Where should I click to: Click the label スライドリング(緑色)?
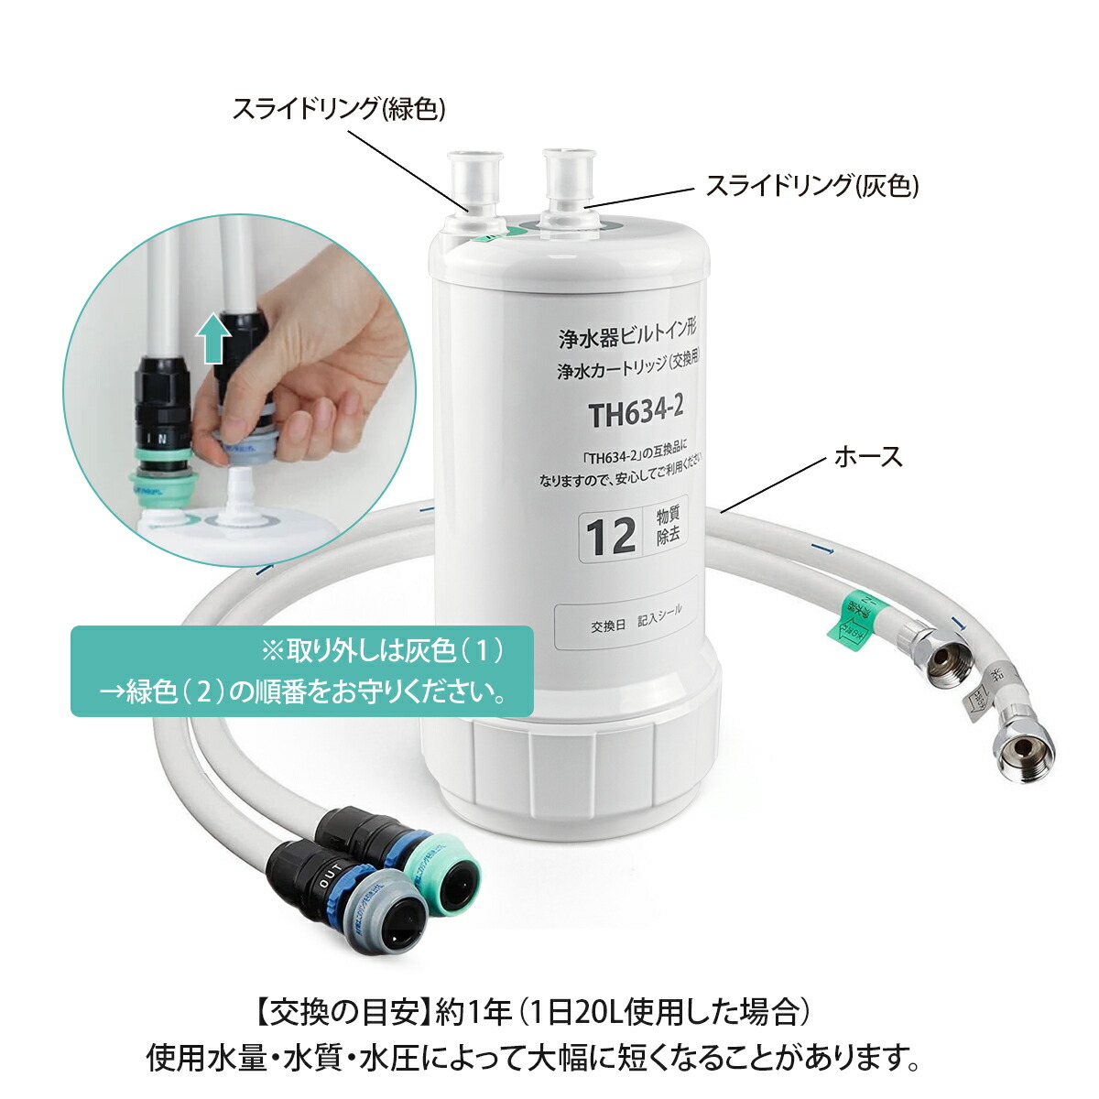pyautogui.click(x=338, y=109)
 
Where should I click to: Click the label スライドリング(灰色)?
pyautogui.click(x=811, y=186)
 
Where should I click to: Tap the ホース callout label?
pyautogui.click(x=867, y=456)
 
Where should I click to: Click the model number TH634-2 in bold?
pyautogui.click(x=636, y=413)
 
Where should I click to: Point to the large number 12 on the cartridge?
pyautogui.click(x=611, y=536)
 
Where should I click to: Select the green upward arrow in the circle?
pyautogui.click(x=213, y=337)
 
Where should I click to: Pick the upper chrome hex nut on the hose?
pyautogui.click(x=945, y=657)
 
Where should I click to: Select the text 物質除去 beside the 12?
pyautogui.click(x=668, y=526)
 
